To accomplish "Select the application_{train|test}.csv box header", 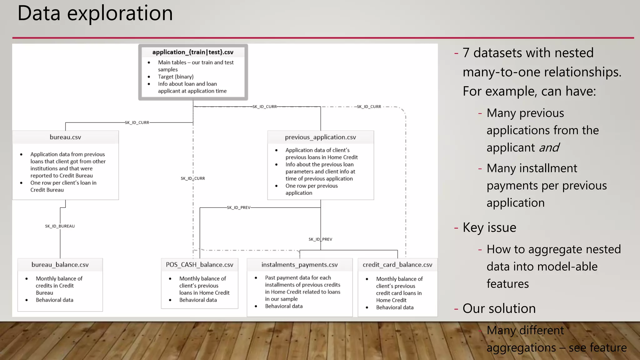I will (193, 52).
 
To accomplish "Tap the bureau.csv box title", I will (65, 137).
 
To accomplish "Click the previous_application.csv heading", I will (320, 137).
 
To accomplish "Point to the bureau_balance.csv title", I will (60, 265).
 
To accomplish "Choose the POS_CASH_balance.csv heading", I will (199, 265).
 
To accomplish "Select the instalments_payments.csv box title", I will (299, 265).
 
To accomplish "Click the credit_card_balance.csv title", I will (397, 265).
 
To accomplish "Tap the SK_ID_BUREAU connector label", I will (60, 226).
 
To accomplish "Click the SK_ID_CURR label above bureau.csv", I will (137, 122).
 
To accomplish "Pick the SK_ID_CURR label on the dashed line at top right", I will (369, 107).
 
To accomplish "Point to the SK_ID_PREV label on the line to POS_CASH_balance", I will (238, 207).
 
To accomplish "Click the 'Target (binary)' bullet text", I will (176, 77).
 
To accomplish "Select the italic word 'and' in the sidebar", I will (549, 147).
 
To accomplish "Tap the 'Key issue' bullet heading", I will (489, 227).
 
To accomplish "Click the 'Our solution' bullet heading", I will (499, 308).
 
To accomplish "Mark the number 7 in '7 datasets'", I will (466, 53).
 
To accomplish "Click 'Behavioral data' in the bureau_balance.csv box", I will (54, 300).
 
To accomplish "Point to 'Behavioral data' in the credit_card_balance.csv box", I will (395, 307).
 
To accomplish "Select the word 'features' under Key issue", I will (507, 284).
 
